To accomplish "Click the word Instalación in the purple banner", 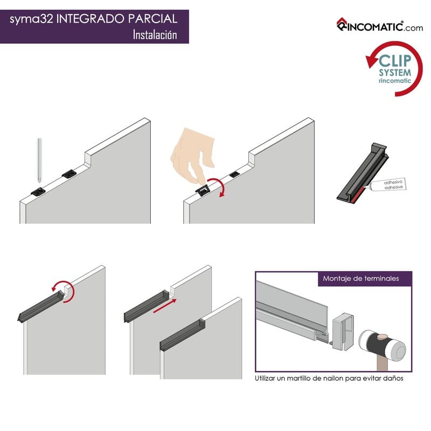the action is [155, 34].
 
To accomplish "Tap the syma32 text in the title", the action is [31, 19].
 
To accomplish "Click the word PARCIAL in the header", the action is [152, 19].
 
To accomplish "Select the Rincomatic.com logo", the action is [380, 25].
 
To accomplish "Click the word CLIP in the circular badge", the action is [395, 61].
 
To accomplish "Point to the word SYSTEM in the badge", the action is [395, 73].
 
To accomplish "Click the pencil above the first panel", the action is [39, 160].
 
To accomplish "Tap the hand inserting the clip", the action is [192, 156].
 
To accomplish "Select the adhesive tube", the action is [387, 184].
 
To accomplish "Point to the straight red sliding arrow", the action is [165, 306].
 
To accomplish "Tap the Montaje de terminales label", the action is [360, 279].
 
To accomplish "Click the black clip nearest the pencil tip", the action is [38, 191].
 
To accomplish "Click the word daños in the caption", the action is [394, 378].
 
